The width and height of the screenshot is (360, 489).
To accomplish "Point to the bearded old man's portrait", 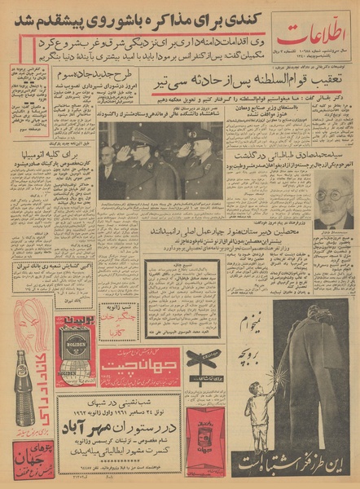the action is pos(334,198).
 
